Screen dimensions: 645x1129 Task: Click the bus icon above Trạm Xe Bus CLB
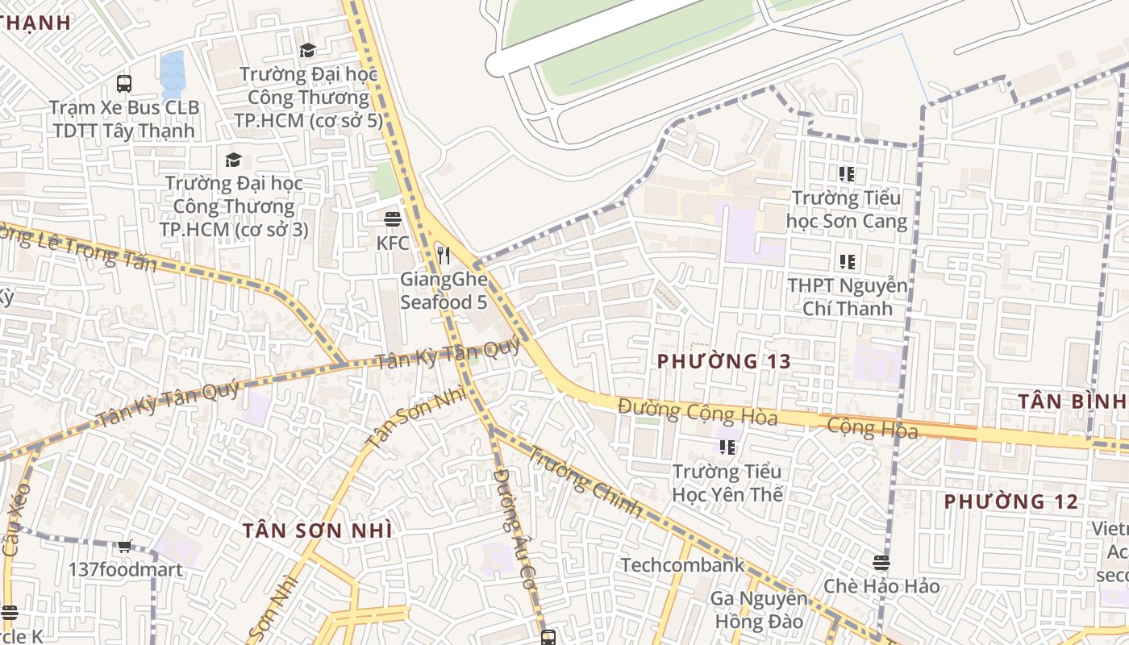pos(124,83)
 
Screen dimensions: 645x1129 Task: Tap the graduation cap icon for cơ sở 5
pos(307,51)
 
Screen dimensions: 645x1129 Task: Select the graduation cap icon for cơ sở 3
pos(234,160)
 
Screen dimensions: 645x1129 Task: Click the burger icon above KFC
pos(393,219)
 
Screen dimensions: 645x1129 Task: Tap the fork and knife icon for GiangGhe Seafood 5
pos(443,256)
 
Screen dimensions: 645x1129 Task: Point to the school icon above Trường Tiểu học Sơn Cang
pos(846,173)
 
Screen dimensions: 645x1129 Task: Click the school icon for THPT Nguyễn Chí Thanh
pos(847,261)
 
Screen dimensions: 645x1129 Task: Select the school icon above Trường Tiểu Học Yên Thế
pos(727,447)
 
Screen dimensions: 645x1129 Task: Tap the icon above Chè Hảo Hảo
pos(881,562)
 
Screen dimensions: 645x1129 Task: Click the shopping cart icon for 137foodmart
pos(125,546)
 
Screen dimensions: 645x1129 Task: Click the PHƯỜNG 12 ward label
pos(1010,501)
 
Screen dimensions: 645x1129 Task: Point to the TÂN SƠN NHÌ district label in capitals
pos(318,531)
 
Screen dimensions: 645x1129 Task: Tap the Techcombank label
pos(682,565)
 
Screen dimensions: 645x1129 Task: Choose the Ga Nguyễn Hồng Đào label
pos(758,610)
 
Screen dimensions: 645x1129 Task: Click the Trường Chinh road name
pos(586,482)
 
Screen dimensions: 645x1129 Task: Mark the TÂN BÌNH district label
pos(1071,401)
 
